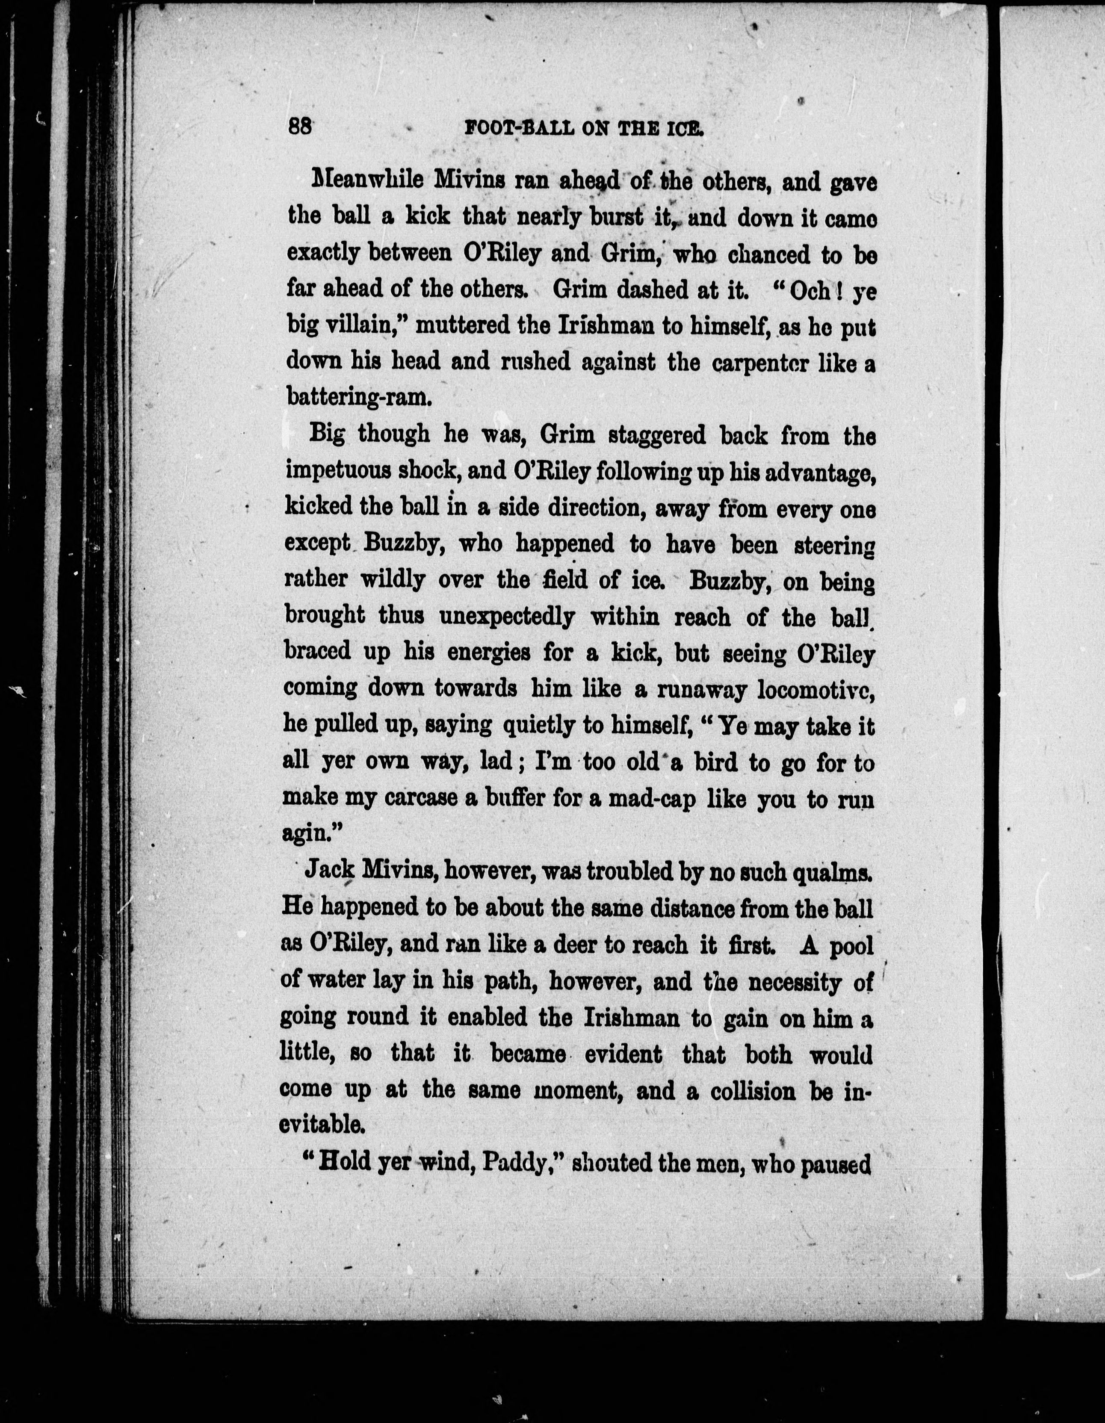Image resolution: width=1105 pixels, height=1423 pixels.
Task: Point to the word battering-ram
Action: [359, 397]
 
